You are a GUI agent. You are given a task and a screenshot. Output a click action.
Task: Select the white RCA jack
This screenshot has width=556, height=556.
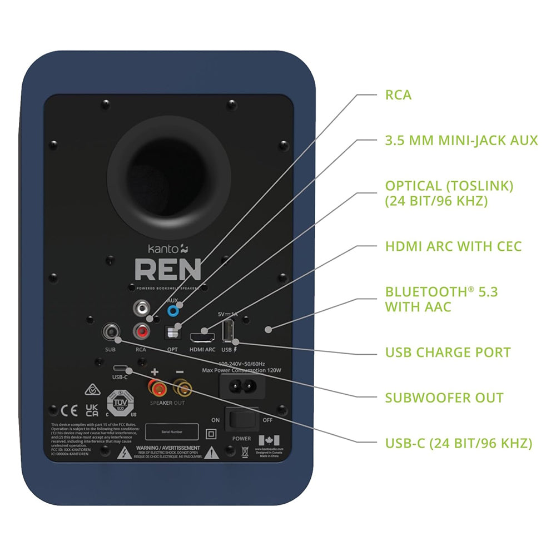click(141, 307)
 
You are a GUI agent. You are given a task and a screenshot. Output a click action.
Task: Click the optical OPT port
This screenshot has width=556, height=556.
click(173, 332)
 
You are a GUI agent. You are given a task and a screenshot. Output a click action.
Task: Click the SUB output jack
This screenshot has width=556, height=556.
click(111, 332)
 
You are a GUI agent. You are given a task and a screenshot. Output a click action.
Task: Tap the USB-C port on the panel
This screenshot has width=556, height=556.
click(121, 368)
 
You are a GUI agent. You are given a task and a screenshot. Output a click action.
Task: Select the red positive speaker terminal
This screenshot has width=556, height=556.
click(154, 386)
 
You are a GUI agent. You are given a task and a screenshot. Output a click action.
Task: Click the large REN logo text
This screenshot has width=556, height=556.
click(167, 270)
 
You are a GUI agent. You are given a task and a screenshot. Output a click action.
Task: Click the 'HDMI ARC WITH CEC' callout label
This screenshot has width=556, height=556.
click(453, 246)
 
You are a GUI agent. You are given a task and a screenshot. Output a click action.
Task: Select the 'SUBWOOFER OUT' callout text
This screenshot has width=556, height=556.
click(444, 398)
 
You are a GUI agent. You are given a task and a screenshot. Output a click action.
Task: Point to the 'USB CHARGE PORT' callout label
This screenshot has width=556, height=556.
click(448, 353)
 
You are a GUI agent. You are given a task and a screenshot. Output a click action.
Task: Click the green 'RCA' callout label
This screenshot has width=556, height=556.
click(398, 95)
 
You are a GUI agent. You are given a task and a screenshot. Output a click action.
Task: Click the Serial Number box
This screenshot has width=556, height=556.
click(172, 432)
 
